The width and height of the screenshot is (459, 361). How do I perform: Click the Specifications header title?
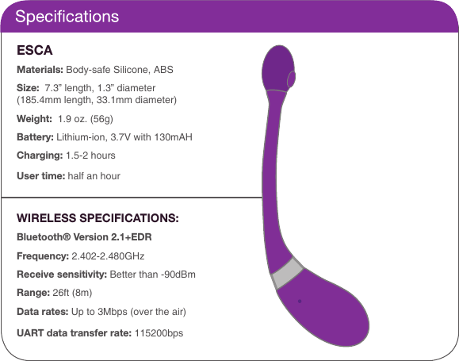[67, 17]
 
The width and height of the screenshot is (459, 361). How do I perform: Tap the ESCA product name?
[35, 51]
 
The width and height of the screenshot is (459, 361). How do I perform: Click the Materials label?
[40, 70]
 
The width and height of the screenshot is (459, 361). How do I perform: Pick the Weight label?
[35, 119]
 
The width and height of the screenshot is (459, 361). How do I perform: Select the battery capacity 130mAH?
[173, 137]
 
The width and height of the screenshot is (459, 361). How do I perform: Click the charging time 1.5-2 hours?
[91, 156]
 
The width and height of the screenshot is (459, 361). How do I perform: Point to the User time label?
[40, 175]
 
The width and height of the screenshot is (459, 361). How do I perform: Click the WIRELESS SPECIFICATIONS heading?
[98, 218]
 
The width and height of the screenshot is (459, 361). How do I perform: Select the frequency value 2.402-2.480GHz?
[108, 256]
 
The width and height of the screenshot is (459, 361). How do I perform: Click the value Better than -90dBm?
[153, 275]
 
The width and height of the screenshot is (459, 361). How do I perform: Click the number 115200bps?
[159, 332]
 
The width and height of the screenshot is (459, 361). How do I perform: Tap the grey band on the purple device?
[286, 274]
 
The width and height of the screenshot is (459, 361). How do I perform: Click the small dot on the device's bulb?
[299, 301]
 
